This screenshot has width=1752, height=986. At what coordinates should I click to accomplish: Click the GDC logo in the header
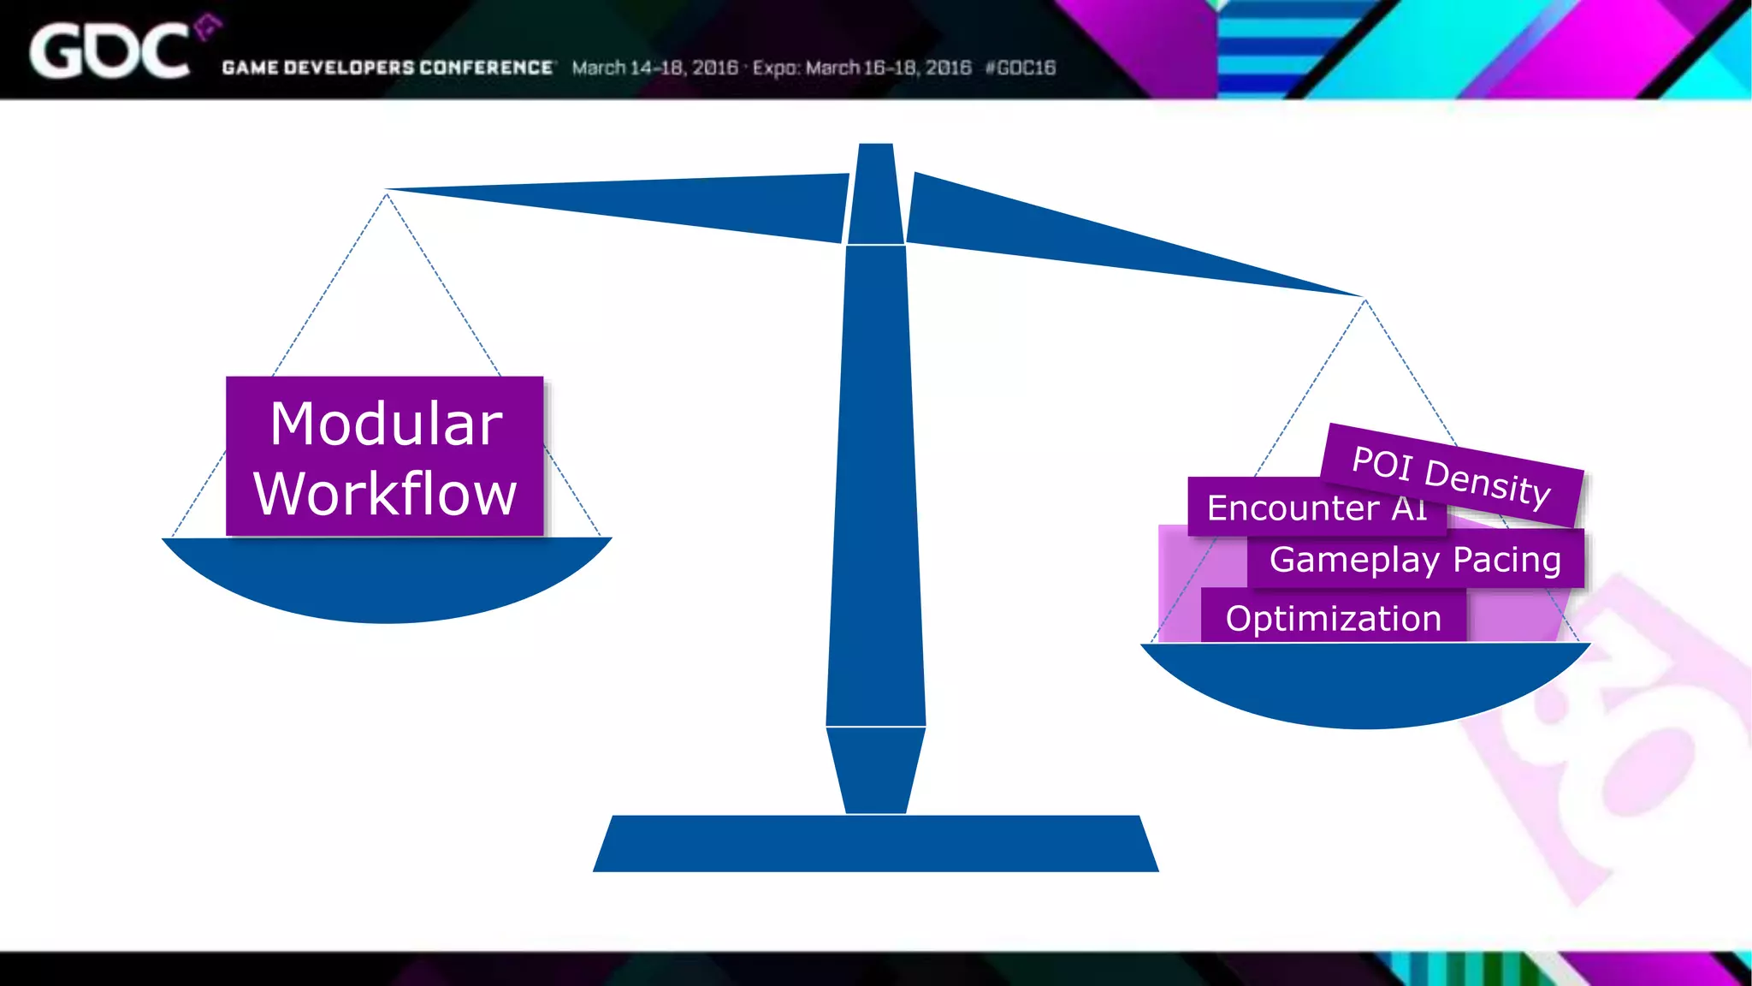tap(109, 51)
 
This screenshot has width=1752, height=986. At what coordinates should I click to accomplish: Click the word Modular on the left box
tap(386, 424)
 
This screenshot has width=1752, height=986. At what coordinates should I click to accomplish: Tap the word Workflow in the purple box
tap(385, 494)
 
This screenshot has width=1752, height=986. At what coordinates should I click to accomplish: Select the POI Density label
tap(1452, 476)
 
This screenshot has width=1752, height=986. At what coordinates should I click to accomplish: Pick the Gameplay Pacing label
tap(1415, 560)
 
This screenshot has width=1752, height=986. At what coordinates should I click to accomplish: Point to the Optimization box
tap(1333, 619)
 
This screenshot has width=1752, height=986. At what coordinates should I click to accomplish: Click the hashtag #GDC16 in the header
tap(1021, 68)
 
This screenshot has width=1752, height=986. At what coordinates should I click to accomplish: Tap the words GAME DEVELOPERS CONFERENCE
tap(388, 68)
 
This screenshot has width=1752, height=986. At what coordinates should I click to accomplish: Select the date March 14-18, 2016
tap(654, 68)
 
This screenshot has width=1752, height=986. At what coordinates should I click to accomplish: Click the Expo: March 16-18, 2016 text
tap(861, 68)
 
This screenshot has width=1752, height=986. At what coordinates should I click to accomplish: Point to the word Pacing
tap(1506, 560)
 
